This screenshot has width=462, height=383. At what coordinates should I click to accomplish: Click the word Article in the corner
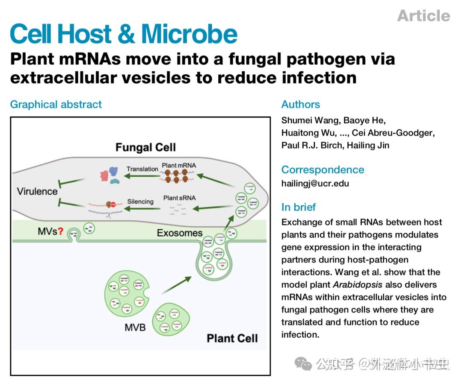pos(423,16)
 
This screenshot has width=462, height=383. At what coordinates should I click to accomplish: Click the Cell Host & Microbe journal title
pos(124,34)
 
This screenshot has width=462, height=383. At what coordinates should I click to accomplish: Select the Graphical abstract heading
pos(56,105)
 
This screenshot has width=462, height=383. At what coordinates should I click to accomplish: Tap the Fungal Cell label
pos(145,148)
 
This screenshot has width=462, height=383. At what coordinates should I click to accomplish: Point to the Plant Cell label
pos(232,339)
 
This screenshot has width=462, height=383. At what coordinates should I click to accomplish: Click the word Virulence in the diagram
pos(37,191)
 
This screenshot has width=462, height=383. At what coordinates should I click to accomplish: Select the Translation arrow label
pos(142,169)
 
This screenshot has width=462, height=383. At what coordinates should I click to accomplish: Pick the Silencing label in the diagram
pos(140,202)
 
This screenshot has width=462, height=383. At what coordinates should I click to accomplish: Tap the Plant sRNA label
pos(179,198)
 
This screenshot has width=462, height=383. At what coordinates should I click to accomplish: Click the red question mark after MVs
pos(61,231)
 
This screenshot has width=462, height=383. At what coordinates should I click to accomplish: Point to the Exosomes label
pos(180,233)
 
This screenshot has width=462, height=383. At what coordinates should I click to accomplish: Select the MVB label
pos(135,327)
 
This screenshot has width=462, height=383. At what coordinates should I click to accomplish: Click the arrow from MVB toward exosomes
pos(176,285)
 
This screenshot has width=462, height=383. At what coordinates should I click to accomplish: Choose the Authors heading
pos(301,105)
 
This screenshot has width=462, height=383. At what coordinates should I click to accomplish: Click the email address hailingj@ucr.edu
pos(315,184)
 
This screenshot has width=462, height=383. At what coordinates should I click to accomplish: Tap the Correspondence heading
pos(323,170)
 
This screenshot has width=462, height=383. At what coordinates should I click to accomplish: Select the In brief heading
pos(299,208)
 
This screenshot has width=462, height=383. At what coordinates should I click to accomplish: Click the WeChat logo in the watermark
pos(303,364)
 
